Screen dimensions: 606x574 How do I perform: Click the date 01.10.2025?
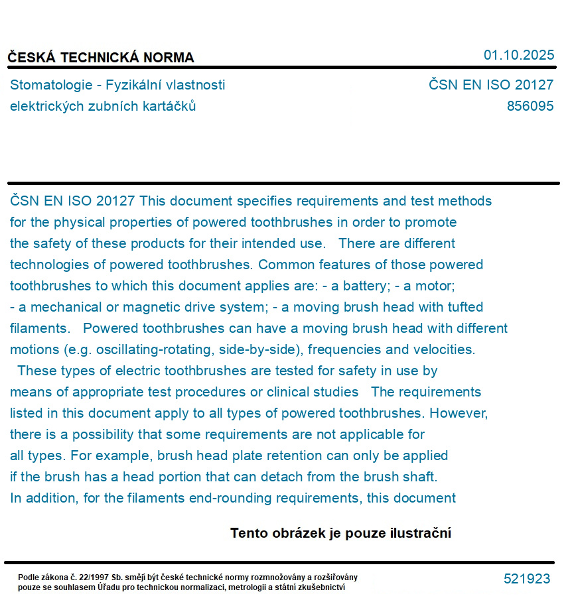518,55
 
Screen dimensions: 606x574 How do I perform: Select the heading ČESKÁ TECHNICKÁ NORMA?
101,58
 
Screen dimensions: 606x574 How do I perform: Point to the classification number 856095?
530,106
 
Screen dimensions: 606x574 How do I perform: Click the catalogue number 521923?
527,579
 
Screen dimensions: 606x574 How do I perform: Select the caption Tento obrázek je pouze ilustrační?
340,533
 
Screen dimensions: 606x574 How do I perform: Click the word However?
459,413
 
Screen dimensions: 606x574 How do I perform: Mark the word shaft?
420,477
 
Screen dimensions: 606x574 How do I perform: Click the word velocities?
444,349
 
